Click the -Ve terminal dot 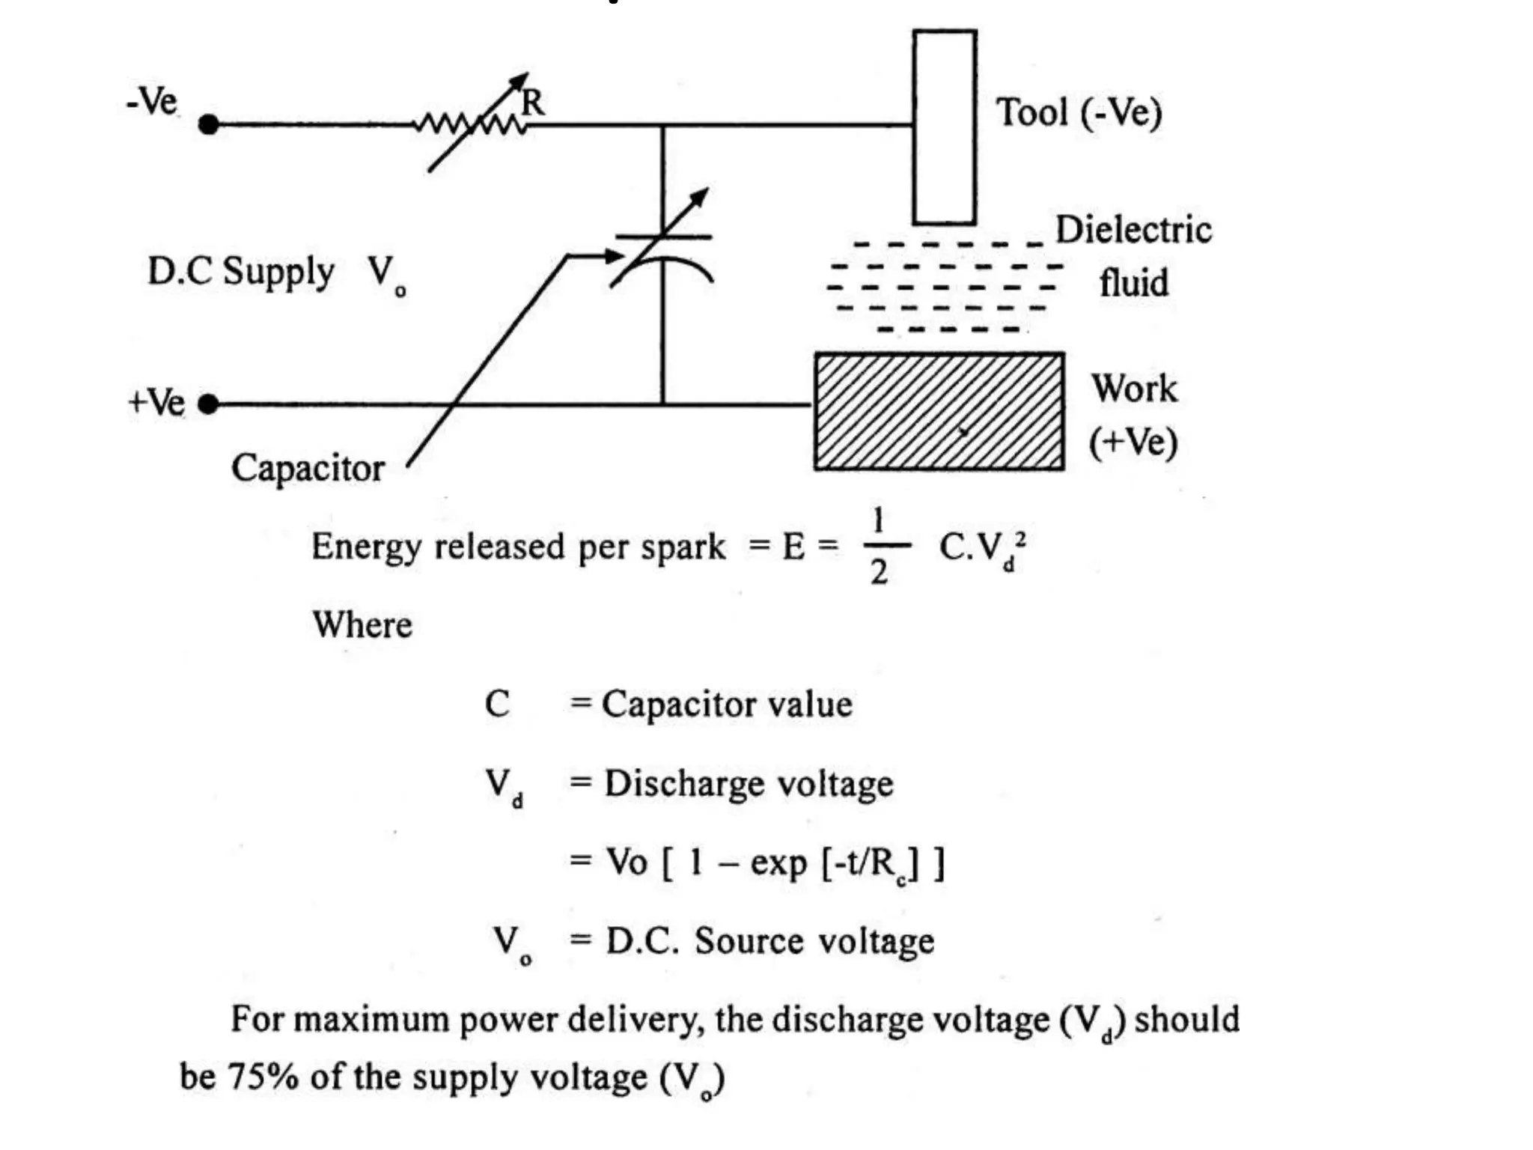(209, 124)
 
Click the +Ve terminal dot (209, 404)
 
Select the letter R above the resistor (533, 103)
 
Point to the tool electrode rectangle (945, 127)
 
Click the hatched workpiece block (939, 411)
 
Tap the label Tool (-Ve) (1079, 113)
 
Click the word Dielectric (1133, 230)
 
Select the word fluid (1133, 283)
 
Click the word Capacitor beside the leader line (308, 469)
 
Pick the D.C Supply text (240, 271)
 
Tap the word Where (362, 624)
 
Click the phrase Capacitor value (727, 705)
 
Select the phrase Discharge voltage (749, 784)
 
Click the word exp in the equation (778, 862)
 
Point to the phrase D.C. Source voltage (770, 941)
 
